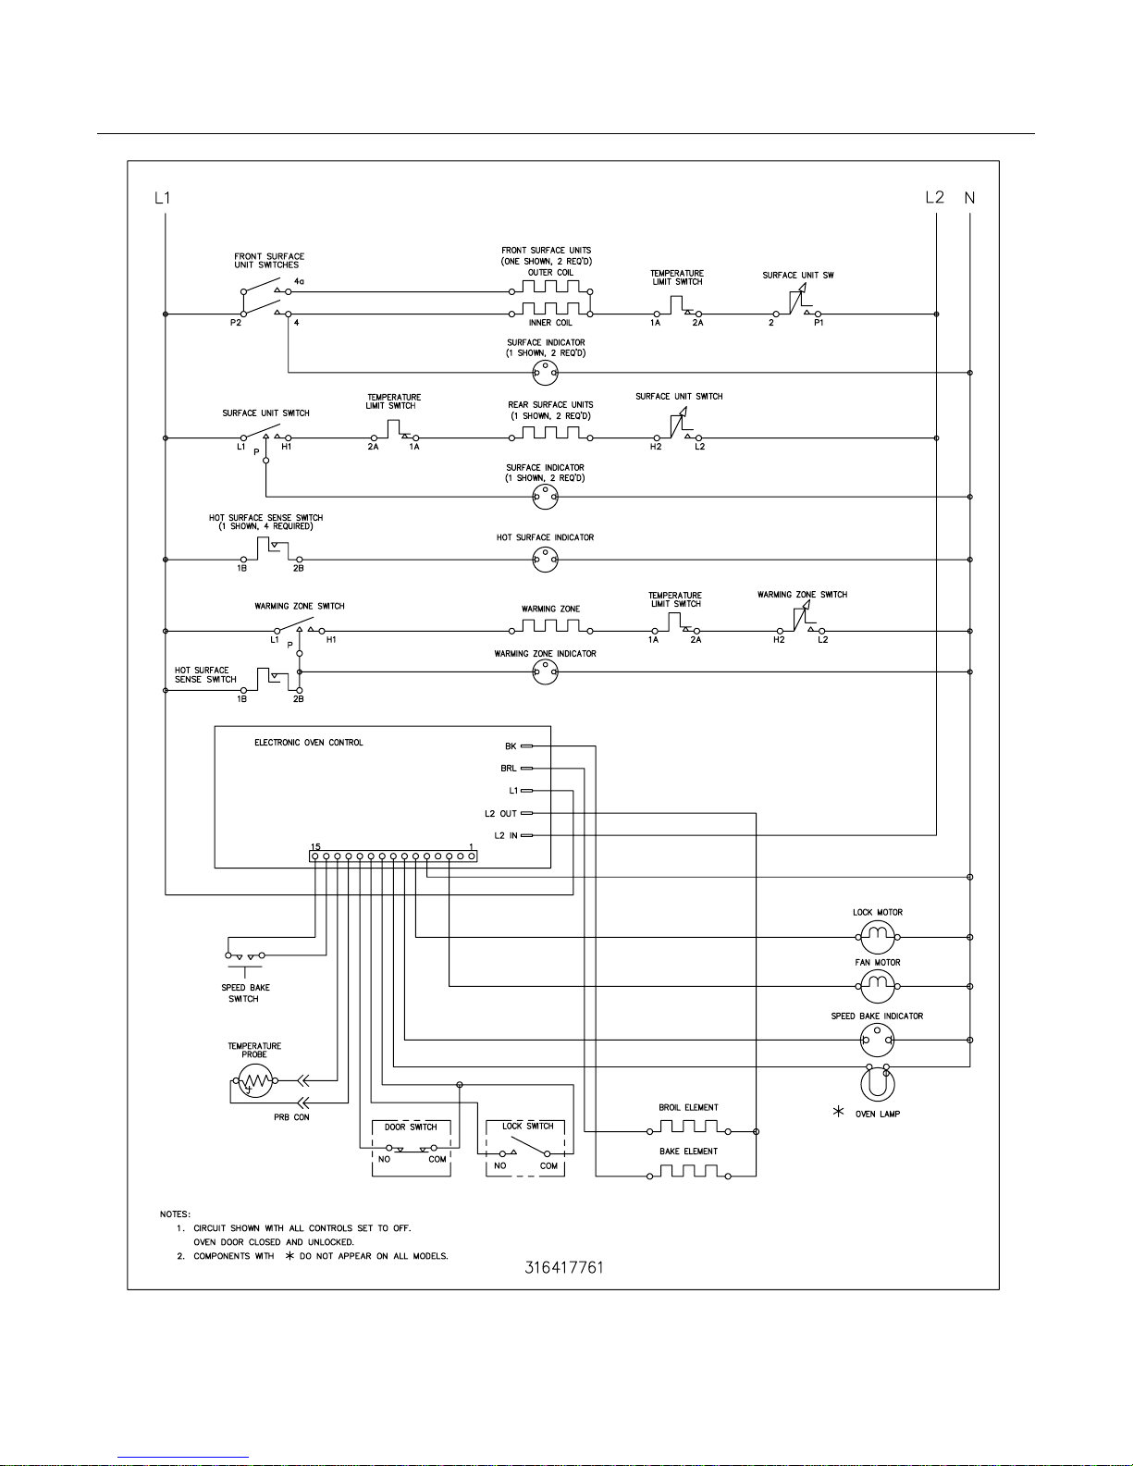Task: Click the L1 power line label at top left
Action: coord(163,197)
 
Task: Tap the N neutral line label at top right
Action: coord(969,197)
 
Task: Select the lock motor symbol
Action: coord(875,938)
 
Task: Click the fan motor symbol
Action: coord(875,987)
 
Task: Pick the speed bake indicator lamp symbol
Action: coord(876,1041)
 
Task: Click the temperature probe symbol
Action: coord(253,1080)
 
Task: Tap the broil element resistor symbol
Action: coord(688,1129)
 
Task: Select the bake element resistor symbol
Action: coord(688,1174)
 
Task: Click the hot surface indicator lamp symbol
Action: coord(545,560)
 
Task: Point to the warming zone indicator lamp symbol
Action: coord(545,672)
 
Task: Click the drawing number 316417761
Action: coord(563,1267)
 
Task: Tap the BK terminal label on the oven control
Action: coord(511,746)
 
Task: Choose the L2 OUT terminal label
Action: coord(500,814)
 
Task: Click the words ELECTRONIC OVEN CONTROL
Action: coord(309,743)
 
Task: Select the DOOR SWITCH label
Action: coord(411,1127)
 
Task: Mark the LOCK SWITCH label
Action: coord(527,1126)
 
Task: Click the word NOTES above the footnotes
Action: coord(175,1213)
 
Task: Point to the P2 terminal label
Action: coord(236,323)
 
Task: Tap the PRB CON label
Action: coord(291,1117)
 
